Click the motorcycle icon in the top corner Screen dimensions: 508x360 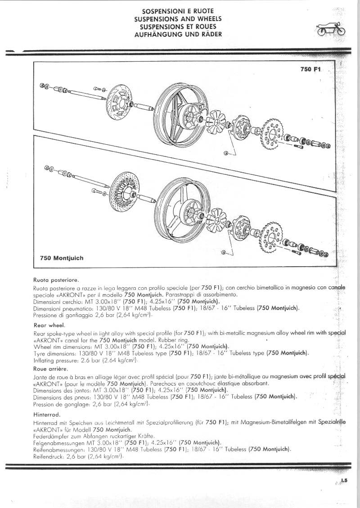(332, 28)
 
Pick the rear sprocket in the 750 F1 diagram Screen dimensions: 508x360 (272, 133)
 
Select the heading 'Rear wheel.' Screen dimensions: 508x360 (49, 324)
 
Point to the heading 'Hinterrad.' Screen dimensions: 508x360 (47, 414)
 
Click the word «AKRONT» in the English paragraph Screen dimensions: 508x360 (49, 340)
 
